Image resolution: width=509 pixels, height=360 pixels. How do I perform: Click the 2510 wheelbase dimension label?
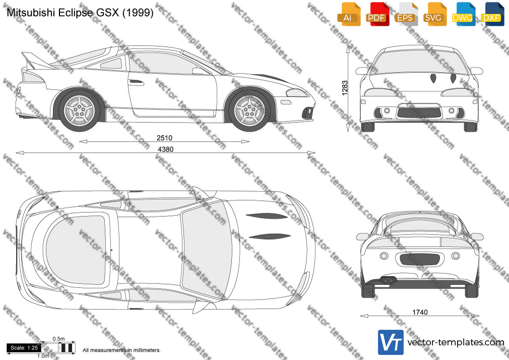click(164, 138)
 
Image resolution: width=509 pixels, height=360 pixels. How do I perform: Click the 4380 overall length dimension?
click(166, 149)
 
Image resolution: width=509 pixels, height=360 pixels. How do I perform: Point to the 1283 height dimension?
click(345, 88)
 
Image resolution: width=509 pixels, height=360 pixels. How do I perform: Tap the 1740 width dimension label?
click(420, 312)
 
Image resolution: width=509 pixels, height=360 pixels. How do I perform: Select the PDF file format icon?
click(377, 14)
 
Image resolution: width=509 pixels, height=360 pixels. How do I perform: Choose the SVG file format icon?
click(434, 14)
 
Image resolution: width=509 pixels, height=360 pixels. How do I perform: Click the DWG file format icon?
click(463, 14)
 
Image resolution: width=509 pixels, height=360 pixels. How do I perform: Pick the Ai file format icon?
click(349, 14)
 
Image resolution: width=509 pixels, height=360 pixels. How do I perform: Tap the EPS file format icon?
click(406, 14)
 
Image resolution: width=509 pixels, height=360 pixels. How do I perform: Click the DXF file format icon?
click(491, 14)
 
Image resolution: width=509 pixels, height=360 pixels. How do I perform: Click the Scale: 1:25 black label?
click(24, 348)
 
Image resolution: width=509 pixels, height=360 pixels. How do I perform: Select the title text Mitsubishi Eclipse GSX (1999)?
click(80, 13)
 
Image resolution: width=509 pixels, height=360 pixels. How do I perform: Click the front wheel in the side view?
click(249, 110)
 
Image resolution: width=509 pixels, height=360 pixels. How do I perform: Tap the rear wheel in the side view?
click(79, 110)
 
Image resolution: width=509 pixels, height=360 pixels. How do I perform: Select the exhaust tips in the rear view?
click(387, 280)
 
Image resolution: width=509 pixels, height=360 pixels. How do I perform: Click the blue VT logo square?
click(391, 342)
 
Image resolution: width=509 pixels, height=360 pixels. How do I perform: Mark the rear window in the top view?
click(76, 249)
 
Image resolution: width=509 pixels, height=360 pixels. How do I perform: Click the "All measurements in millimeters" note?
click(121, 350)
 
